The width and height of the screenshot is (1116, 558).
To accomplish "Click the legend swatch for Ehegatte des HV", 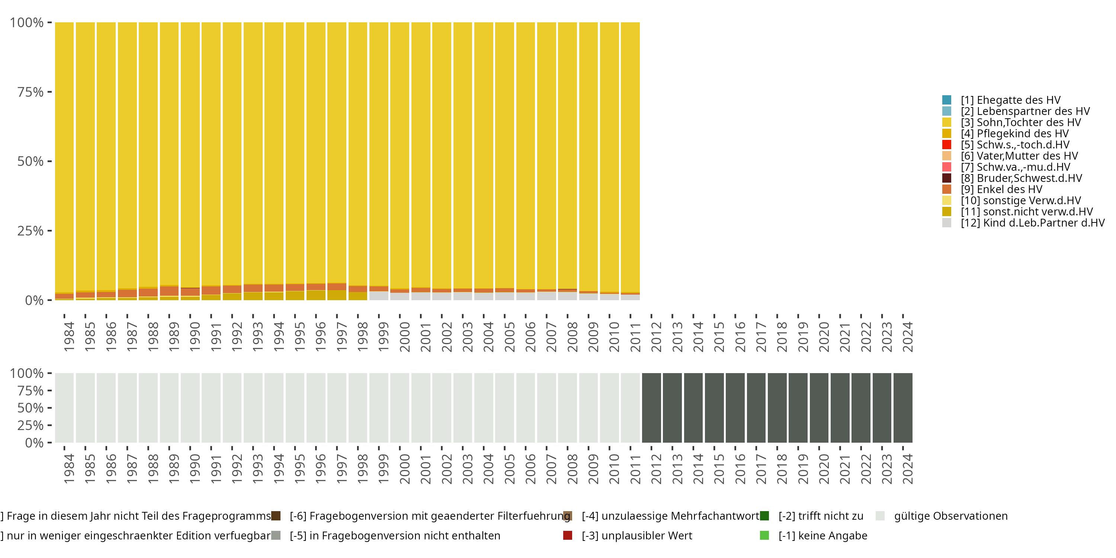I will tap(947, 100).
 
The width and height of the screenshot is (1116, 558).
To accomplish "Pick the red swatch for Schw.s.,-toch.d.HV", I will tap(947, 145).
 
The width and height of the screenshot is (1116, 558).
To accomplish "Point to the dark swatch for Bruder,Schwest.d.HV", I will tap(947, 178).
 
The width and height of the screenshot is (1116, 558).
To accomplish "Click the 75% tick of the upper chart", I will tap(31, 92).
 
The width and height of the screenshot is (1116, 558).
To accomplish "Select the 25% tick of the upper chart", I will tap(31, 231).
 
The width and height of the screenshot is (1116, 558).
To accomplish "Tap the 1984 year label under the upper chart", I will tap(69, 337).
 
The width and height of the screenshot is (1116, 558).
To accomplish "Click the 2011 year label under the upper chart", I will tap(635, 337).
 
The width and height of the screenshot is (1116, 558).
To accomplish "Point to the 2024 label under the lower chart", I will tap(907, 469).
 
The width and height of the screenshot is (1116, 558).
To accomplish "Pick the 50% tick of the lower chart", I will tap(31, 408).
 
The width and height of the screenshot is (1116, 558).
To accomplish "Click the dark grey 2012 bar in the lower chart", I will tap(651, 408).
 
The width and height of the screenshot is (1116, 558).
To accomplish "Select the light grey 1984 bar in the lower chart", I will tap(64, 408).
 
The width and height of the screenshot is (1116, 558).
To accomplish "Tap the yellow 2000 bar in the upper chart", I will tap(400, 152).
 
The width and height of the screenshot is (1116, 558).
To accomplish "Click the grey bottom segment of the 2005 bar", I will tap(504, 296).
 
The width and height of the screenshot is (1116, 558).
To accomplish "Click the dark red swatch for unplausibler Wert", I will tap(568, 535).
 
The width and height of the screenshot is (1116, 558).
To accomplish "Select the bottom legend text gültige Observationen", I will tap(950, 516).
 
